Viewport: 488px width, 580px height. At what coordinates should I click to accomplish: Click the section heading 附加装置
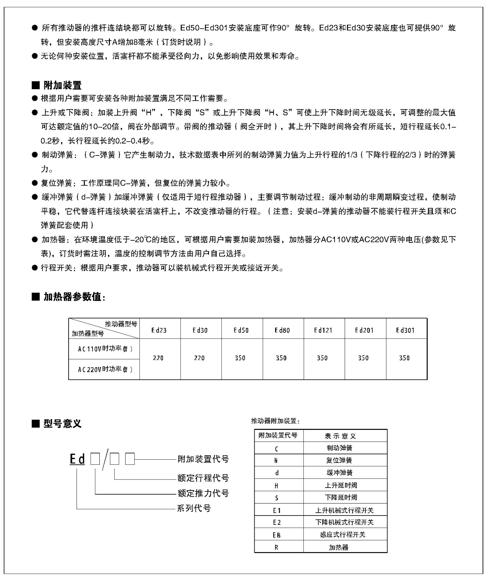coord(62,86)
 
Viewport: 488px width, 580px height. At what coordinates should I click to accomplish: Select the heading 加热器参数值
coord(74,297)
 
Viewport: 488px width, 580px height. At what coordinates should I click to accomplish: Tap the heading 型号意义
coord(62,423)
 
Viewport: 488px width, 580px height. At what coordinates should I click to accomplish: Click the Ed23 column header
coord(159,330)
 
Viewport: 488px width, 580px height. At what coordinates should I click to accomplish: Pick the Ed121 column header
coord(323,330)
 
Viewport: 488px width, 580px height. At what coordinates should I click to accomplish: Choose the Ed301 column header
coord(405,330)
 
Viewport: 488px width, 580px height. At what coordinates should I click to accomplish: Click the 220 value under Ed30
coord(199,358)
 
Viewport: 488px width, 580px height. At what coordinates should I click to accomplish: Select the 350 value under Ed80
coord(281,358)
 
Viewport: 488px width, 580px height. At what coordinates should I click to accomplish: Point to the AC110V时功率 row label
coord(105,349)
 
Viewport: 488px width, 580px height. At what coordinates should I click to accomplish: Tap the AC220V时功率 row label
coord(105,369)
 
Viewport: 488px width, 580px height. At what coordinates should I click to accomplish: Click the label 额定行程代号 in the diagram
coord(203,478)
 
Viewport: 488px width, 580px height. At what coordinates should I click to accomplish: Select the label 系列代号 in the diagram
coord(194,508)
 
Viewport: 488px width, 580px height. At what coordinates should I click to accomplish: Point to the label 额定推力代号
coord(203,493)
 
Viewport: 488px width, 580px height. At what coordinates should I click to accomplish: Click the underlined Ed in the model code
coord(77,460)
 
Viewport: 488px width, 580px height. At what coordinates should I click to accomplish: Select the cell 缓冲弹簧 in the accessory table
coord(340,473)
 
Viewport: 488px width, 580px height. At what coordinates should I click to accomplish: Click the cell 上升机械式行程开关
coord(344,510)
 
